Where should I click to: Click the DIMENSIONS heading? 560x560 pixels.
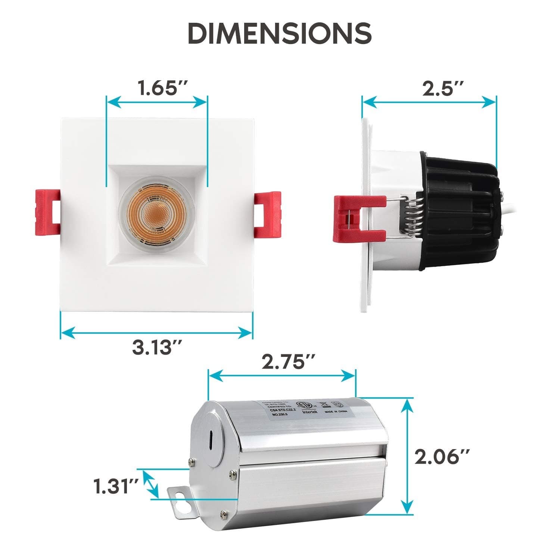click(280, 33)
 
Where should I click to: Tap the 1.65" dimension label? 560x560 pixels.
click(157, 88)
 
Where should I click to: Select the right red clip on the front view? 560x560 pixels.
click(267, 216)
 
